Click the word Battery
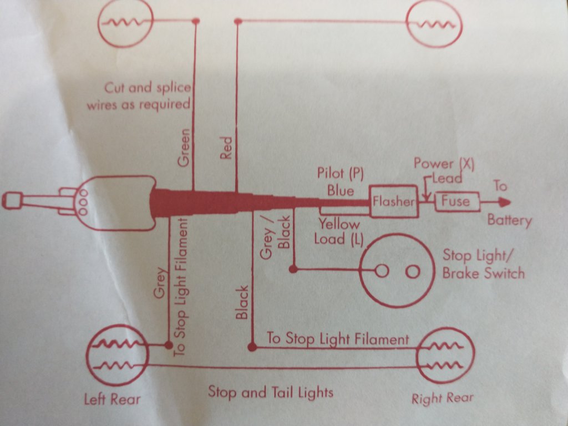(509, 220)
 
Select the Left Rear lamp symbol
(118, 354)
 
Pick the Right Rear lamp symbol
(445, 356)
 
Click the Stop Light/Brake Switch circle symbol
(397, 271)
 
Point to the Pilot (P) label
(340, 174)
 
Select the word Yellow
(338, 225)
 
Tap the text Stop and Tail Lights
(271, 392)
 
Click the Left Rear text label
(113, 398)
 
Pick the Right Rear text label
(443, 398)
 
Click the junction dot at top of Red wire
(238, 22)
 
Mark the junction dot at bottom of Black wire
(252, 347)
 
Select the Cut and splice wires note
(139, 96)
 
